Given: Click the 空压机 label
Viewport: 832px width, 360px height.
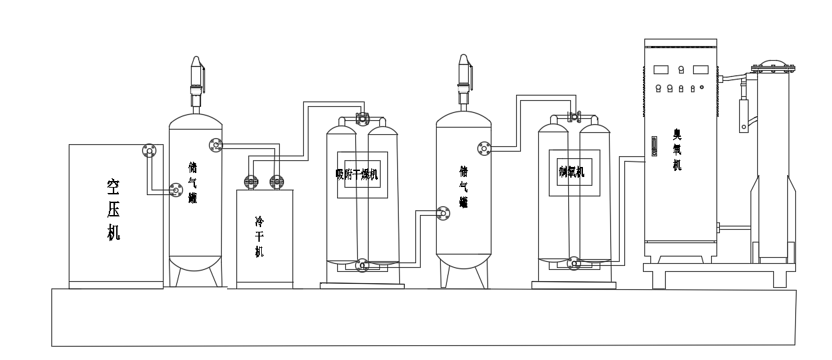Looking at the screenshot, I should click(114, 209).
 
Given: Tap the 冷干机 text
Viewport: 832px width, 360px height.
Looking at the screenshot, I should click(260, 236).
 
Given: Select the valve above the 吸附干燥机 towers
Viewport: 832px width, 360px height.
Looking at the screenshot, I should click(362, 119).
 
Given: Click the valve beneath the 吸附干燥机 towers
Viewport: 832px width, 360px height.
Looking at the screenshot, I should click(361, 265).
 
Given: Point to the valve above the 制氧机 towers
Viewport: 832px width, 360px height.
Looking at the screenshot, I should click(573, 117).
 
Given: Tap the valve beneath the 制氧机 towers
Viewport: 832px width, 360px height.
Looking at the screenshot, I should click(574, 264).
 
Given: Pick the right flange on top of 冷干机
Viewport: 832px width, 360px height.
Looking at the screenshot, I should click(276, 181).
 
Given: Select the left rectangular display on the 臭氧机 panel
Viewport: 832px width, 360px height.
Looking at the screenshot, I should click(662, 69).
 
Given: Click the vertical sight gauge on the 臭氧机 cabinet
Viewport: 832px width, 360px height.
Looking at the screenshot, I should click(654, 146).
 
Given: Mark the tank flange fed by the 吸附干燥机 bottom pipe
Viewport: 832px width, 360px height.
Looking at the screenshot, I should click(443, 213).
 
